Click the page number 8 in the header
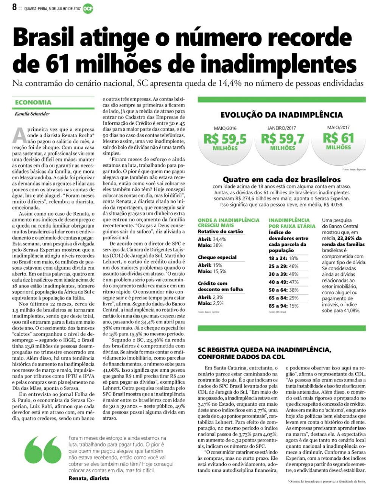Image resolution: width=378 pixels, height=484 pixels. point(14,7)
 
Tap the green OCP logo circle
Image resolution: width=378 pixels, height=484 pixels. point(88,8)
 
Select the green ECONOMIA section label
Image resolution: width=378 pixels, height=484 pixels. point(33,102)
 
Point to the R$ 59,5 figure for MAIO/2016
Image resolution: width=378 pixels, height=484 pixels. point(225,139)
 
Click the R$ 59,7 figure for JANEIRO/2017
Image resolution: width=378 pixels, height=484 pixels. point(282,139)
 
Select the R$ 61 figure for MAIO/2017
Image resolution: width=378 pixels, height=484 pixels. point(338,138)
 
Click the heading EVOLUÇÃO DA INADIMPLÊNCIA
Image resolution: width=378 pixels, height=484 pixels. point(282,115)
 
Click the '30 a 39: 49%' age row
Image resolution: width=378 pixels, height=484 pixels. point(283,274)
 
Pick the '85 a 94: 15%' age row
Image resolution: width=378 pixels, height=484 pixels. point(283,306)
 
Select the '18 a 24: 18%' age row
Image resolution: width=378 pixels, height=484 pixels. point(283,258)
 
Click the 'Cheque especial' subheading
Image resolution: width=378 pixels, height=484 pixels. point(217,258)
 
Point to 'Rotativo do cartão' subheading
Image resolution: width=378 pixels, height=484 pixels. point(220,231)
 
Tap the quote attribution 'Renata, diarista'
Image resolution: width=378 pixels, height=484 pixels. point(89,478)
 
